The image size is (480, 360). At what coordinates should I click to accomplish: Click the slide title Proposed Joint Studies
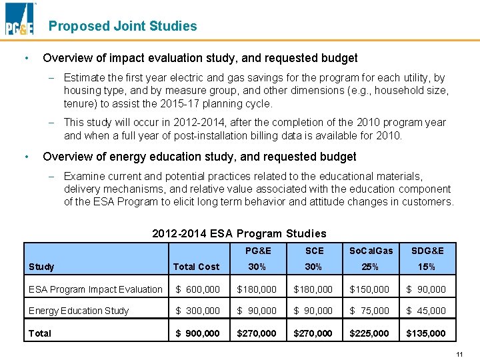(123, 26)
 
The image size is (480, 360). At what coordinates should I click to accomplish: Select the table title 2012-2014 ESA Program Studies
(239, 233)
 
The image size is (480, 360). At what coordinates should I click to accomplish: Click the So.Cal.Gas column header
(370, 251)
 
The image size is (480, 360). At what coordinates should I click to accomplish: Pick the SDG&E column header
(427, 251)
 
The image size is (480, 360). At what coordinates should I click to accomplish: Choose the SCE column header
(313, 251)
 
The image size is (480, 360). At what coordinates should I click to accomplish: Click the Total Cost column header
(196, 267)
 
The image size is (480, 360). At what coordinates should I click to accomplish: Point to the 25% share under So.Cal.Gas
(370, 267)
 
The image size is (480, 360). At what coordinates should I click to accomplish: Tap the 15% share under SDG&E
(427, 267)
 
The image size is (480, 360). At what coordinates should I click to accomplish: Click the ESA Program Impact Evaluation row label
(95, 289)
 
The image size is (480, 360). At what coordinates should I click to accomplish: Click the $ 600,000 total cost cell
(197, 289)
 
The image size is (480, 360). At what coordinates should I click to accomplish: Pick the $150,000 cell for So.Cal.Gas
(369, 289)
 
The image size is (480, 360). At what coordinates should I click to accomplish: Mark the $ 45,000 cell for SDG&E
(426, 311)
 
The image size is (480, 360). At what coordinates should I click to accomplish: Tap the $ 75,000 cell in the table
(369, 311)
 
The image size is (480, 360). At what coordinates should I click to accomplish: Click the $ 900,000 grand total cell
(197, 333)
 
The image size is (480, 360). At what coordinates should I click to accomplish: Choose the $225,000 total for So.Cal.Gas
(369, 333)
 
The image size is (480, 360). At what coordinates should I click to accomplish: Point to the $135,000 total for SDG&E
(426, 333)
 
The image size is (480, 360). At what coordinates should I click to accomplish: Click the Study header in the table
(41, 267)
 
